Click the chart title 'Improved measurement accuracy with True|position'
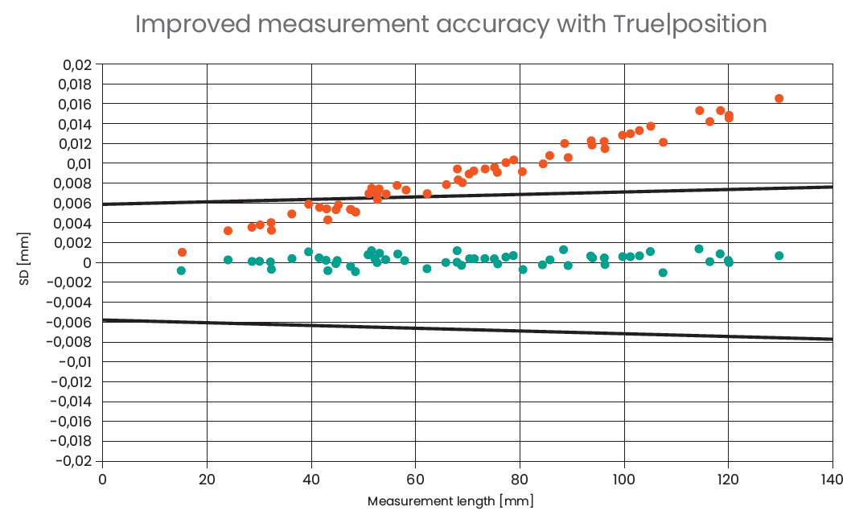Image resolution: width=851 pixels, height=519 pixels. [450, 24]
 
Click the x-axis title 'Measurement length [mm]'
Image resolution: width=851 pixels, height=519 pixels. [450, 501]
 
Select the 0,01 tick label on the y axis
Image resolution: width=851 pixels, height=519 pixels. [78, 163]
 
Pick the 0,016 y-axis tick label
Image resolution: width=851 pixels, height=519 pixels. [75, 104]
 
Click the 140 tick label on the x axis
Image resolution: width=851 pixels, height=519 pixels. [832, 480]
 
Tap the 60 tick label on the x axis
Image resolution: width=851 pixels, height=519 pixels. [415, 480]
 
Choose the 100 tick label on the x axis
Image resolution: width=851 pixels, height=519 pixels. [623, 480]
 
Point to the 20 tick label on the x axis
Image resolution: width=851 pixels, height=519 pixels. [207, 480]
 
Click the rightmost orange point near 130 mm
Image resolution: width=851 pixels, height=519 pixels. [779, 98]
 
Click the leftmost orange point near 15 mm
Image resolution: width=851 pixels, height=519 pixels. [182, 252]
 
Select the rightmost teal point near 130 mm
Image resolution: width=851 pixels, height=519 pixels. [779, 255]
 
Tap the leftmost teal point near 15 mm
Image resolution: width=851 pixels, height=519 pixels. [181, 270]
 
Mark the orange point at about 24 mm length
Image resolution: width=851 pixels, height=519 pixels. [228, 230]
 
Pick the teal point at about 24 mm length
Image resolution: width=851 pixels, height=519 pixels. [228, 259]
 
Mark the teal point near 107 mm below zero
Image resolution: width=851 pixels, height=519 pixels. [663, 273]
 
